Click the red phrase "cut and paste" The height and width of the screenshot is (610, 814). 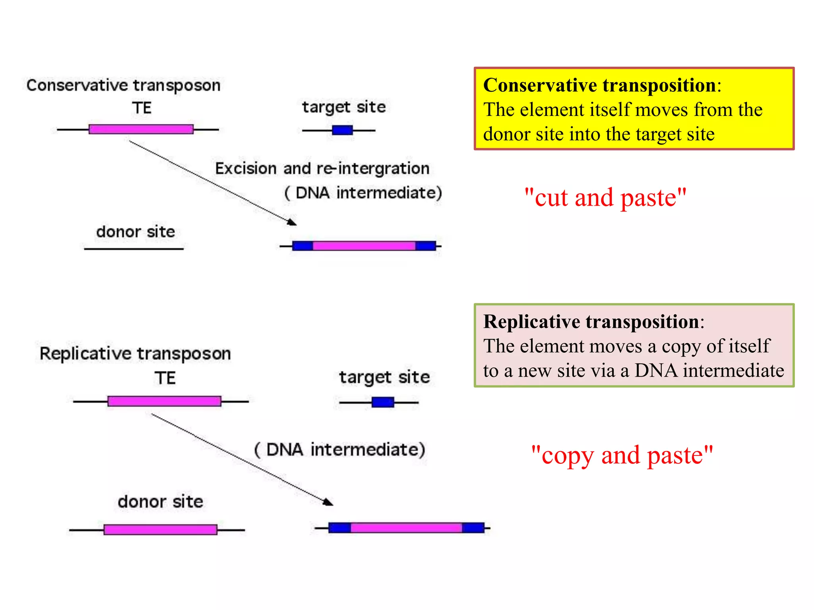pos(605,197)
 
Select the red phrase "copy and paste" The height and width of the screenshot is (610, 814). pos(622,455)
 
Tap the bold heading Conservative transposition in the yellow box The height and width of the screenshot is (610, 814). pos(599,85)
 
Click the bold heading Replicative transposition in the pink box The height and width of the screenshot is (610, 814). pos(591,322)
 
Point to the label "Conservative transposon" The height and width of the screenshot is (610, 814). pos(123,85)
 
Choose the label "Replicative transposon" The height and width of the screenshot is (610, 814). pos(135,353)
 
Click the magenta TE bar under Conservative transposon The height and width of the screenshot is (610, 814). pos(141,129)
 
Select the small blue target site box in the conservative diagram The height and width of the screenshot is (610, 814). pos(342,130)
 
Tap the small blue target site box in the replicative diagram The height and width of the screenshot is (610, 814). pos(383,402)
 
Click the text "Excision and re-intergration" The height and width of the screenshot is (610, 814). pos(322,168)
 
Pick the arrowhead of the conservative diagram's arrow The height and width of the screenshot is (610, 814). pos(293,222)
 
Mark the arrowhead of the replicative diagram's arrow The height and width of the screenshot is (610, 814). pos(329,502)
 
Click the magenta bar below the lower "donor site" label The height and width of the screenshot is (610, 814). pos(160,529)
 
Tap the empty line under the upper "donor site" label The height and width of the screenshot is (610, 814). pos(134,249)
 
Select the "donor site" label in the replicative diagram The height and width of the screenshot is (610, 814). pos(160,502)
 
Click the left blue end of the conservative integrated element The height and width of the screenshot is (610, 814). pos(302,246)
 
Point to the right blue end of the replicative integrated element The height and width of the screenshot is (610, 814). pos(473,528)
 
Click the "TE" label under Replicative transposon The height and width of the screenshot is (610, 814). pos(165,378)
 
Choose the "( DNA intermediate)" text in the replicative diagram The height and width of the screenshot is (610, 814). pos(340,450)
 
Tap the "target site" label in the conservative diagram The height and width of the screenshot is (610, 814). pos(344,107)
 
